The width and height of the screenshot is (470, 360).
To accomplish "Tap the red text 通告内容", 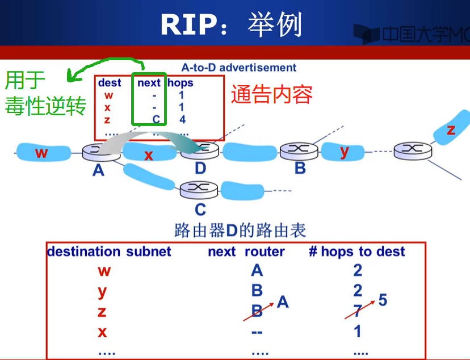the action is pyautogui.click(x=271, y=94).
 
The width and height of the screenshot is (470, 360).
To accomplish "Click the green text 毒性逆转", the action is pyautogui.click(x=45, y=106).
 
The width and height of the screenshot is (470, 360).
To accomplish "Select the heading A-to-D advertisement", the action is pyautogui.click(x=238, y=68).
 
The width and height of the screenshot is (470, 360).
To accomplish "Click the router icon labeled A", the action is pyautogui.click(x=98, y=152).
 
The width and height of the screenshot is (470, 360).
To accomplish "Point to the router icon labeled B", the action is pyautogui.click(x=295, y=150).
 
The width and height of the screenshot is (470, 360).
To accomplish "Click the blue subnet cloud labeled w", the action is pyautogui.click(x=41, y=152).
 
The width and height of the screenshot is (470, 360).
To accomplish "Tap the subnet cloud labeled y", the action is pyautogui.click(x=344, y=152).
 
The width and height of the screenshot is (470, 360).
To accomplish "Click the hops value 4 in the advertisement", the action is pyautogui.click(x=182, y=120).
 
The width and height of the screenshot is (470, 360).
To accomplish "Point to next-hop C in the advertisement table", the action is pyautogui.click(x=156, y=120).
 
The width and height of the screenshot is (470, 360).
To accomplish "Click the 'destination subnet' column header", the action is pyautogui.click(x=109, y=252).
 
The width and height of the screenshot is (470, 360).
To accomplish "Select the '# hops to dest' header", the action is pyautogui.click(x=356, y=252).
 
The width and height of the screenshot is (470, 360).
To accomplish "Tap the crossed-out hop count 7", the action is pyautogui.click(x=358, y=311).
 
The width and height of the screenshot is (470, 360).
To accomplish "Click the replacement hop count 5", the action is pyautogui.click(x=383, y=300).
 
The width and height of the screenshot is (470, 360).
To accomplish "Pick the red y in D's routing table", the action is pyautogui.click(x=102, y=291).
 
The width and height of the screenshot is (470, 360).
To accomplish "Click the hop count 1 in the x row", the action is pyautogui.click(x=358, y=331).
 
